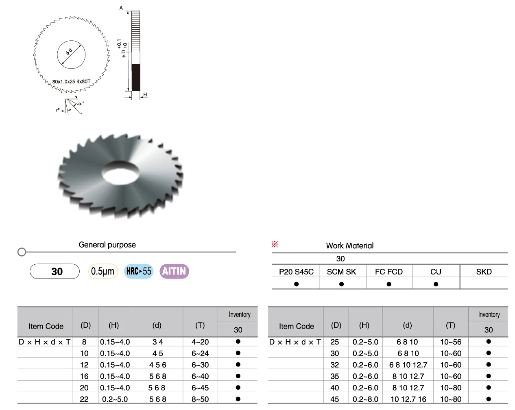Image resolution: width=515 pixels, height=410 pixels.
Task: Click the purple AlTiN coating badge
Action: (x=174, y=271)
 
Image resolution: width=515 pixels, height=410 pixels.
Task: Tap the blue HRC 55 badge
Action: (x=139, y=271)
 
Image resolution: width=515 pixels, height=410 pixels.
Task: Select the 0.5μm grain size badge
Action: (x=103, y=271)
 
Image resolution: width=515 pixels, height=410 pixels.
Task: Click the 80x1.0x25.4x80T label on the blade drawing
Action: (x=71, y=82)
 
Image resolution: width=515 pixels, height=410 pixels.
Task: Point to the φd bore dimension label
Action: (x=69, y=52)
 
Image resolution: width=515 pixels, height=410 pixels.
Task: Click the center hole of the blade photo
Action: (x=120, y=173)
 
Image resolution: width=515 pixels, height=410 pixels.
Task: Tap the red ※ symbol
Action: (x=275, y=244)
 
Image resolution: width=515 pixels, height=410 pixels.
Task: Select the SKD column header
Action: (x=484, y=272)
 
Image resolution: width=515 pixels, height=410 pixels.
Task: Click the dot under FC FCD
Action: (x=388, y=284)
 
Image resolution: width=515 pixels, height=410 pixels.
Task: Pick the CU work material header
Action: (x=436, y=272)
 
